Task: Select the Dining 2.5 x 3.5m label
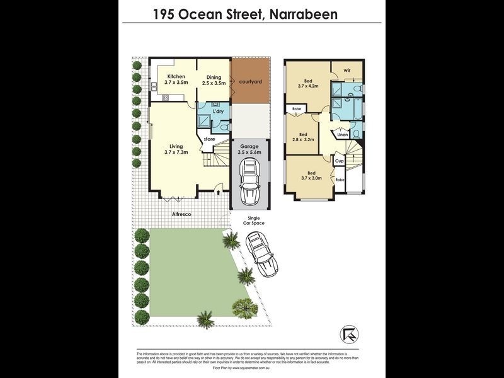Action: pyautogui.click(x=213, y=79)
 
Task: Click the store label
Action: pyautogui.click(x=209, y=139)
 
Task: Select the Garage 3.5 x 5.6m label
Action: pyautogui.click(x=250, y=149)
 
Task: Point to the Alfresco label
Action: pyautogui.click(x=181, y=215)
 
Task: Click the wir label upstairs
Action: pyautogui.click(x=346, y=70)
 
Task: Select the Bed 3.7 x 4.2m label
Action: pyautogui.click(x=308, y=84)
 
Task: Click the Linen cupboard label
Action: pyautogui.click(x=342, y=135)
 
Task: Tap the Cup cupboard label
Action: pyautogui.click(x=339, y=161)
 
